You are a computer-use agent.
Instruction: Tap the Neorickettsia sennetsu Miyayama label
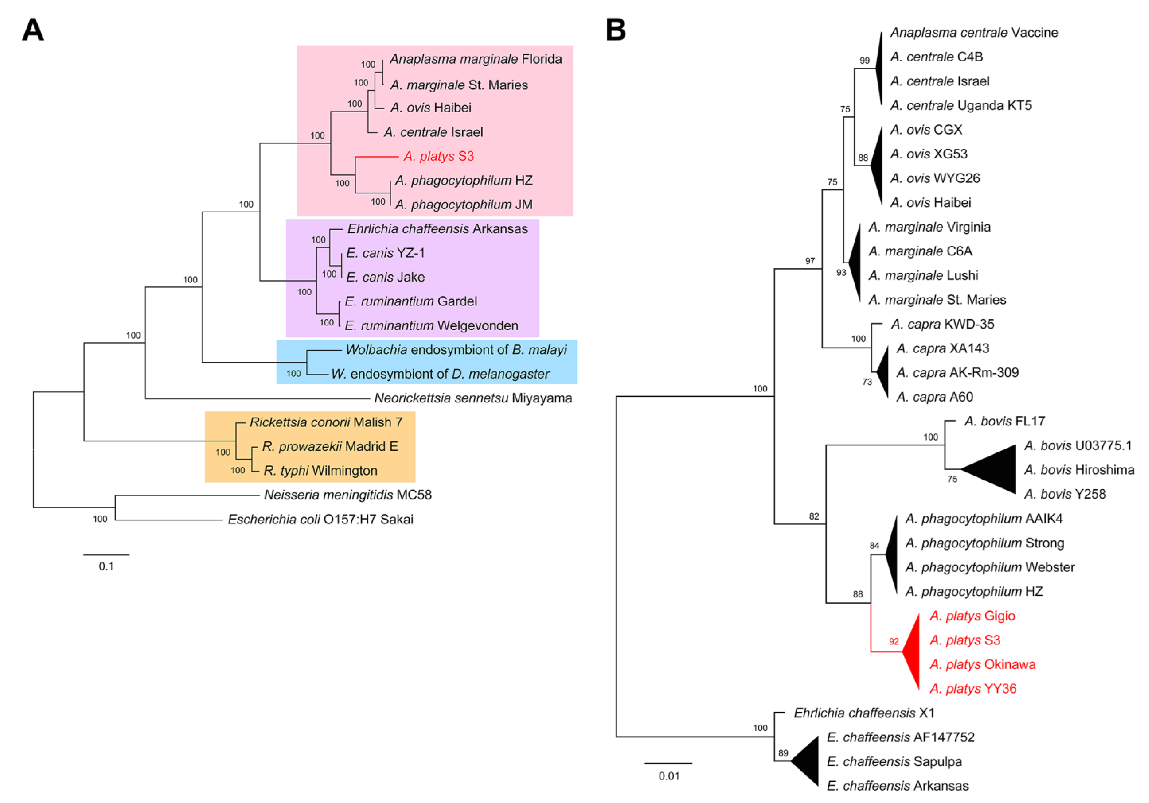[x=473, y=398]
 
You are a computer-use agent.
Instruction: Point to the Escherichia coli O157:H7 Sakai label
[x=320, y=520]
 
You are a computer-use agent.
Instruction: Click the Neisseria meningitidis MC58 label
[x=348, y=495]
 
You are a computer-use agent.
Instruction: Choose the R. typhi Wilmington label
[x=320, y=471]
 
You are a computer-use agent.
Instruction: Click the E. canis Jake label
[x=385, y=277]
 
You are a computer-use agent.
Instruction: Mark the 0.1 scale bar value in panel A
[x=106, y=566]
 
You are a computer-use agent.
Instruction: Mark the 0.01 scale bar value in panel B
[x=669, y=776]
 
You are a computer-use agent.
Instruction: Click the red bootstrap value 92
[x=894, y=641]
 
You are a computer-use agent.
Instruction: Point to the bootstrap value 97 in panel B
[x=810, y=261]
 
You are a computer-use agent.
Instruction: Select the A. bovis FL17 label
[x=1004, y=422]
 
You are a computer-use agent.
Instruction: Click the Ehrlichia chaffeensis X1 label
[x=864, y=713]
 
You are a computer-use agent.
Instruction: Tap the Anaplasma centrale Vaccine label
[x=974, y=33]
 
